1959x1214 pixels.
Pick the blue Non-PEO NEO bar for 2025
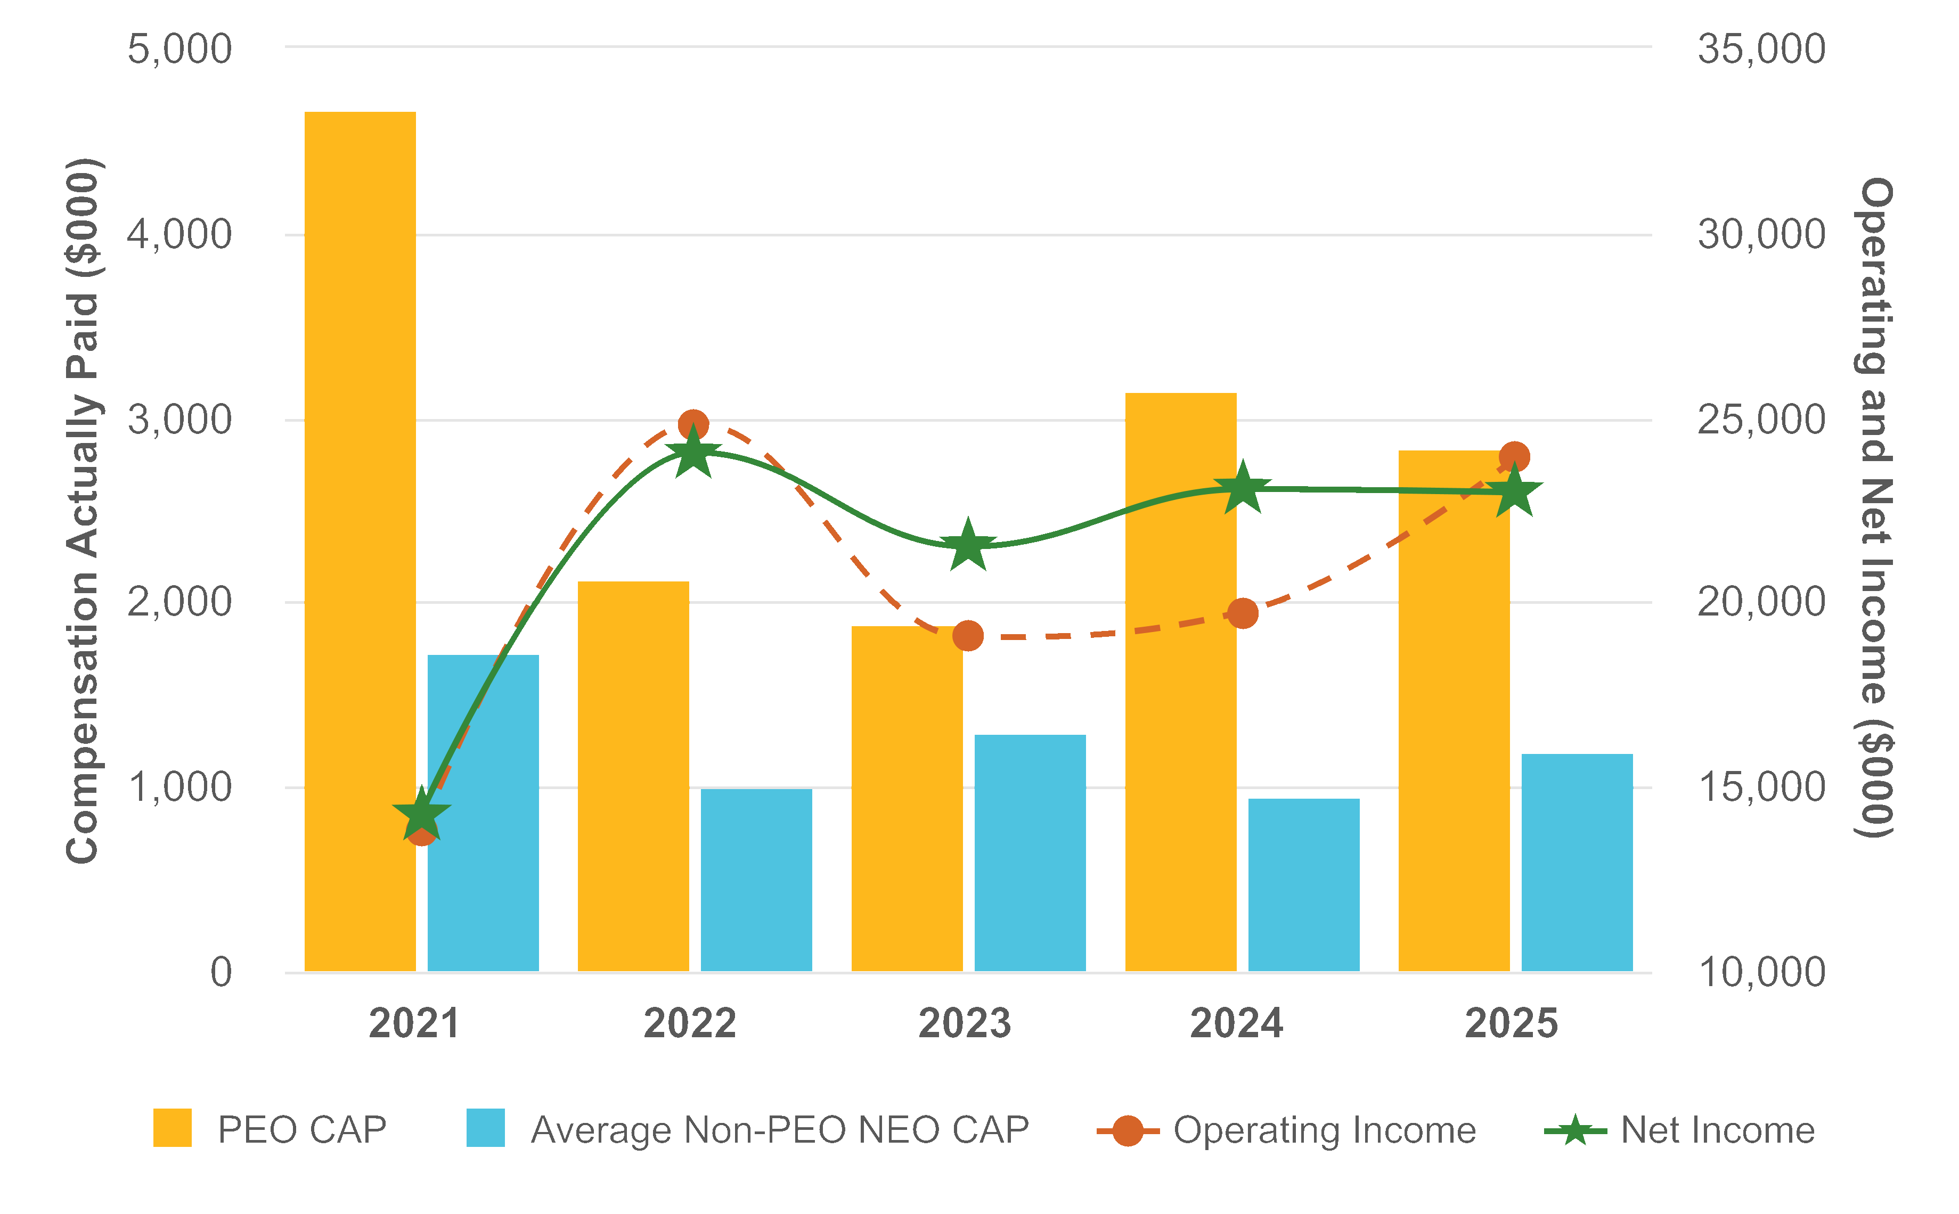coord(1577,863)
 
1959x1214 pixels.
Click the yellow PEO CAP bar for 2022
coord(633,776)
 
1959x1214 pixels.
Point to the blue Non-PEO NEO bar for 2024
coord(1303,885)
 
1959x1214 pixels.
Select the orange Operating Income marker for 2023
coord(968,636)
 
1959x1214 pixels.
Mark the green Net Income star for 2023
coord(968,546)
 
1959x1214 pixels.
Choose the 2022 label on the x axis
coord(690,1024)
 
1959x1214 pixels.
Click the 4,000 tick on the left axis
coord(179,234)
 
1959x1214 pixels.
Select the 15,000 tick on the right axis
coord(1761,787)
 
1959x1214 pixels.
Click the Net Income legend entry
coord(1717,1130)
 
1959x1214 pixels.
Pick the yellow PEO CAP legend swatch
coord(173,1128)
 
